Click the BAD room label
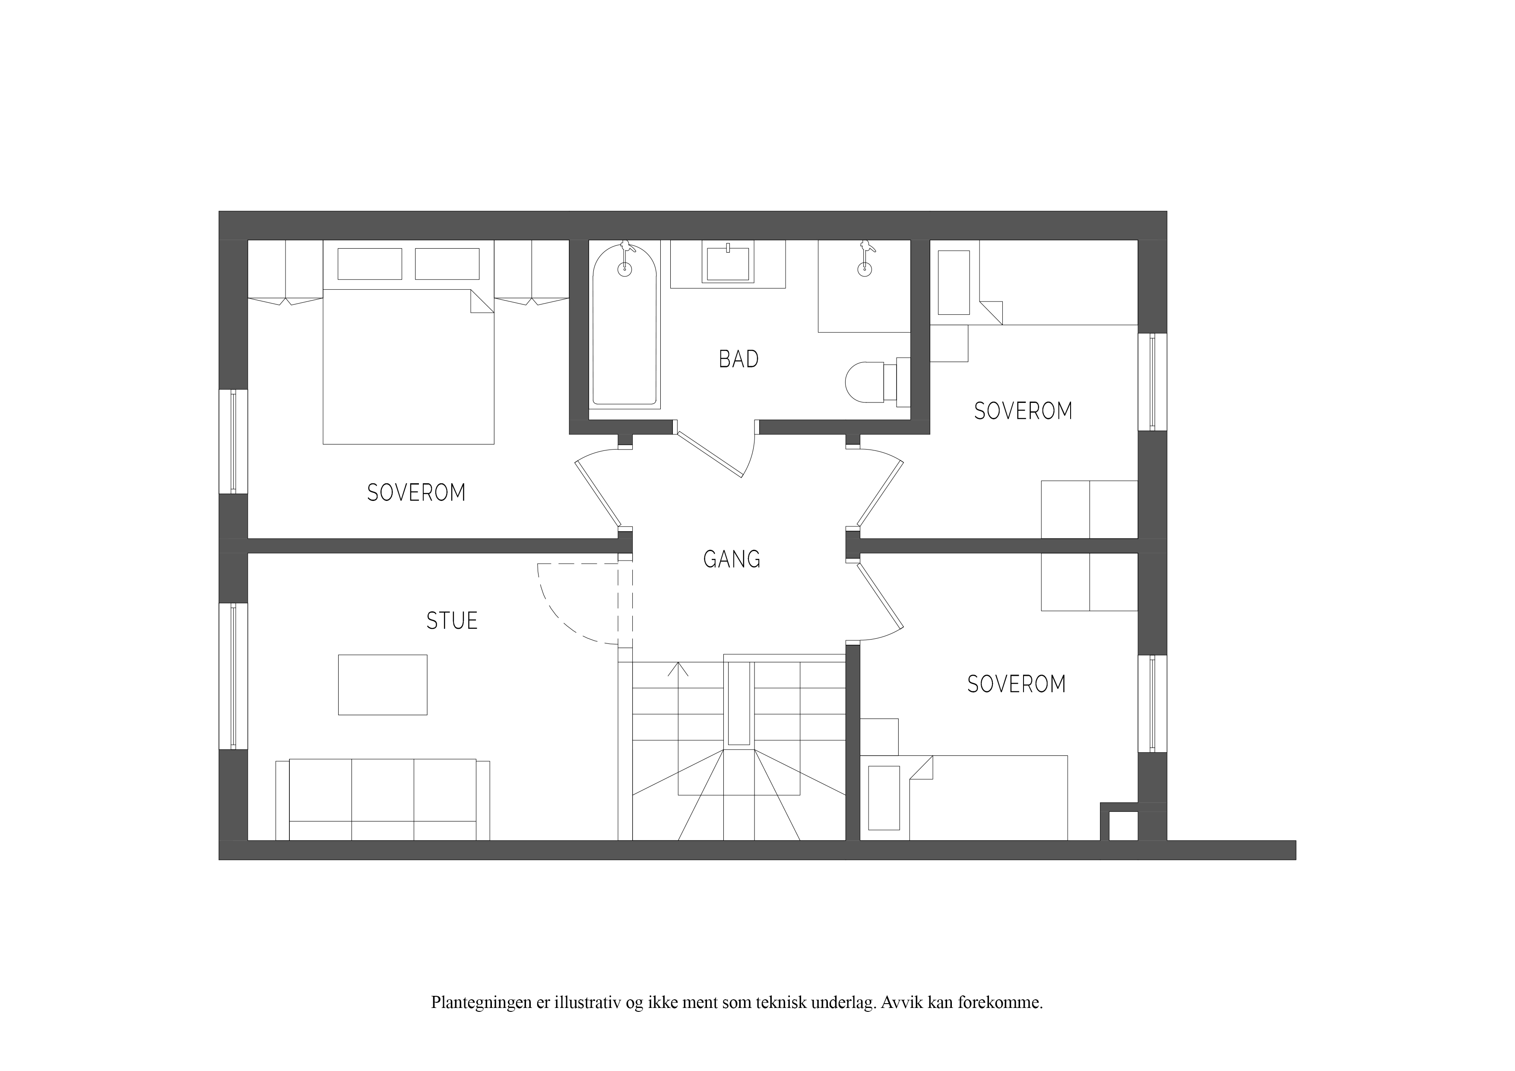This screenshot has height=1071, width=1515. pos(738,359)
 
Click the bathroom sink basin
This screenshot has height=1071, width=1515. pos(728,263)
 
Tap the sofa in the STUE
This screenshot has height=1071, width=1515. pos(383,800)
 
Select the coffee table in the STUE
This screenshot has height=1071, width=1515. pos(383,684)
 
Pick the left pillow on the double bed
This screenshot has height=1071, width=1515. pos(370,264)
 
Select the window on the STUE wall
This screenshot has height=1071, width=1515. pos(233,676)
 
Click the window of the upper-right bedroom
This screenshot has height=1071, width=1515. pos(1153,381)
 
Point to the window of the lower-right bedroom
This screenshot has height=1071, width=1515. pos(1153,703)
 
